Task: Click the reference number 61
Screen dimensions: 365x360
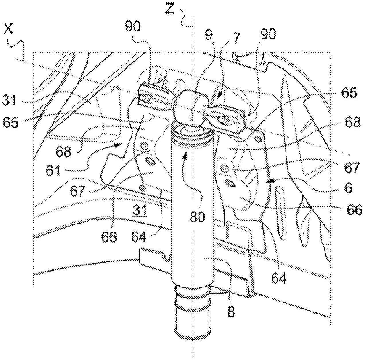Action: click(53, 170)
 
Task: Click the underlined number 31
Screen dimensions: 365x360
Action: click(140, 210)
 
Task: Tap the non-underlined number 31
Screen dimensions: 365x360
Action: click(10, 100)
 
